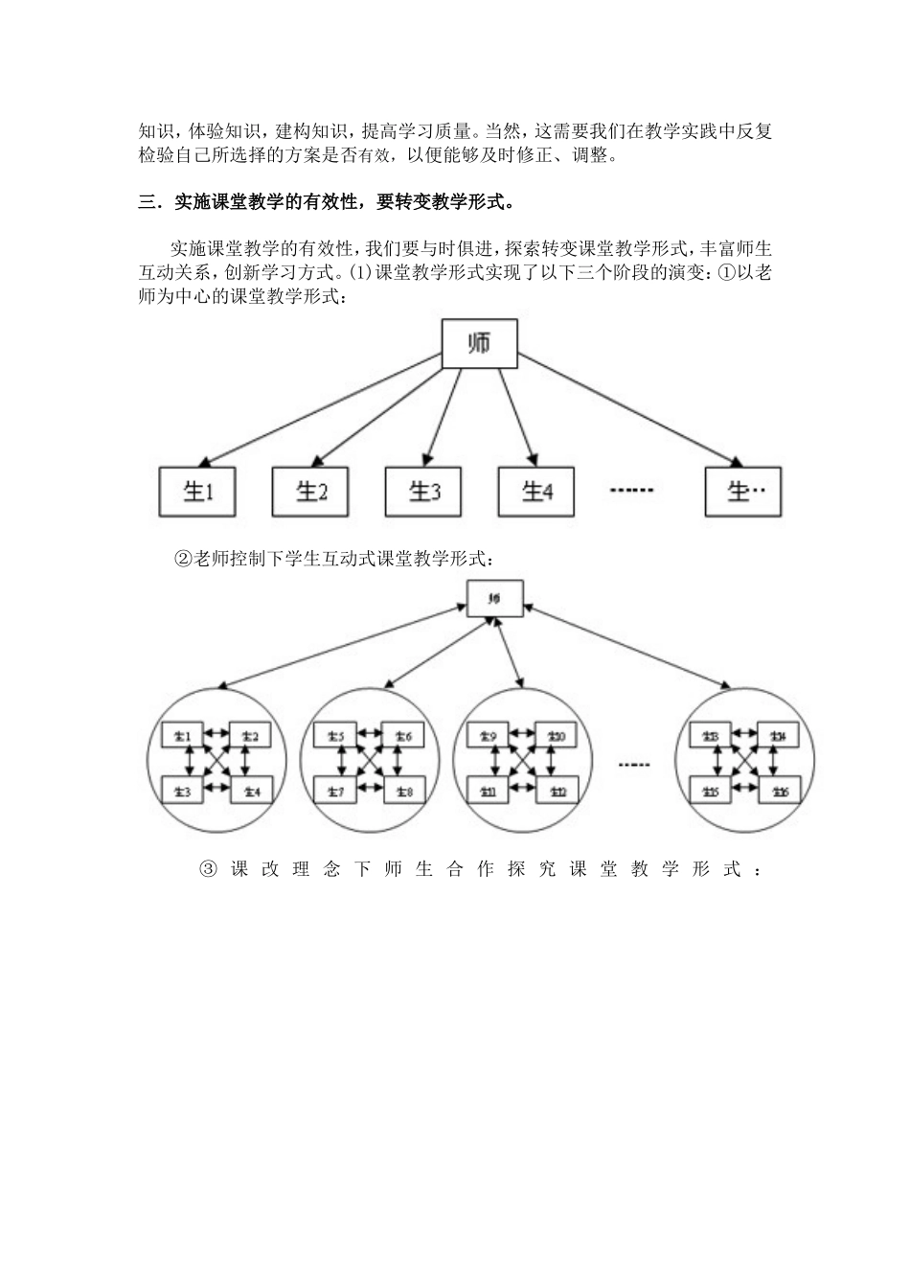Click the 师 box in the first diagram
coord(479,344)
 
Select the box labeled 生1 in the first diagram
coord(196,492)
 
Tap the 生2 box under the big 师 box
coord(310,492)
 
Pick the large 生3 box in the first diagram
coord(423,492)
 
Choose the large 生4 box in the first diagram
coord(536,492)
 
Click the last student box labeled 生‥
coord(743,492)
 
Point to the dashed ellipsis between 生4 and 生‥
coord(631,491)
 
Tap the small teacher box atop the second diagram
coord(495,599)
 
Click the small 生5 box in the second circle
coord(334,736)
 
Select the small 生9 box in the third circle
coord(486,736)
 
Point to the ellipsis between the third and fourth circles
coord(634,764)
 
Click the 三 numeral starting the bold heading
coord(147,202)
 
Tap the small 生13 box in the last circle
coord(711,736)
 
